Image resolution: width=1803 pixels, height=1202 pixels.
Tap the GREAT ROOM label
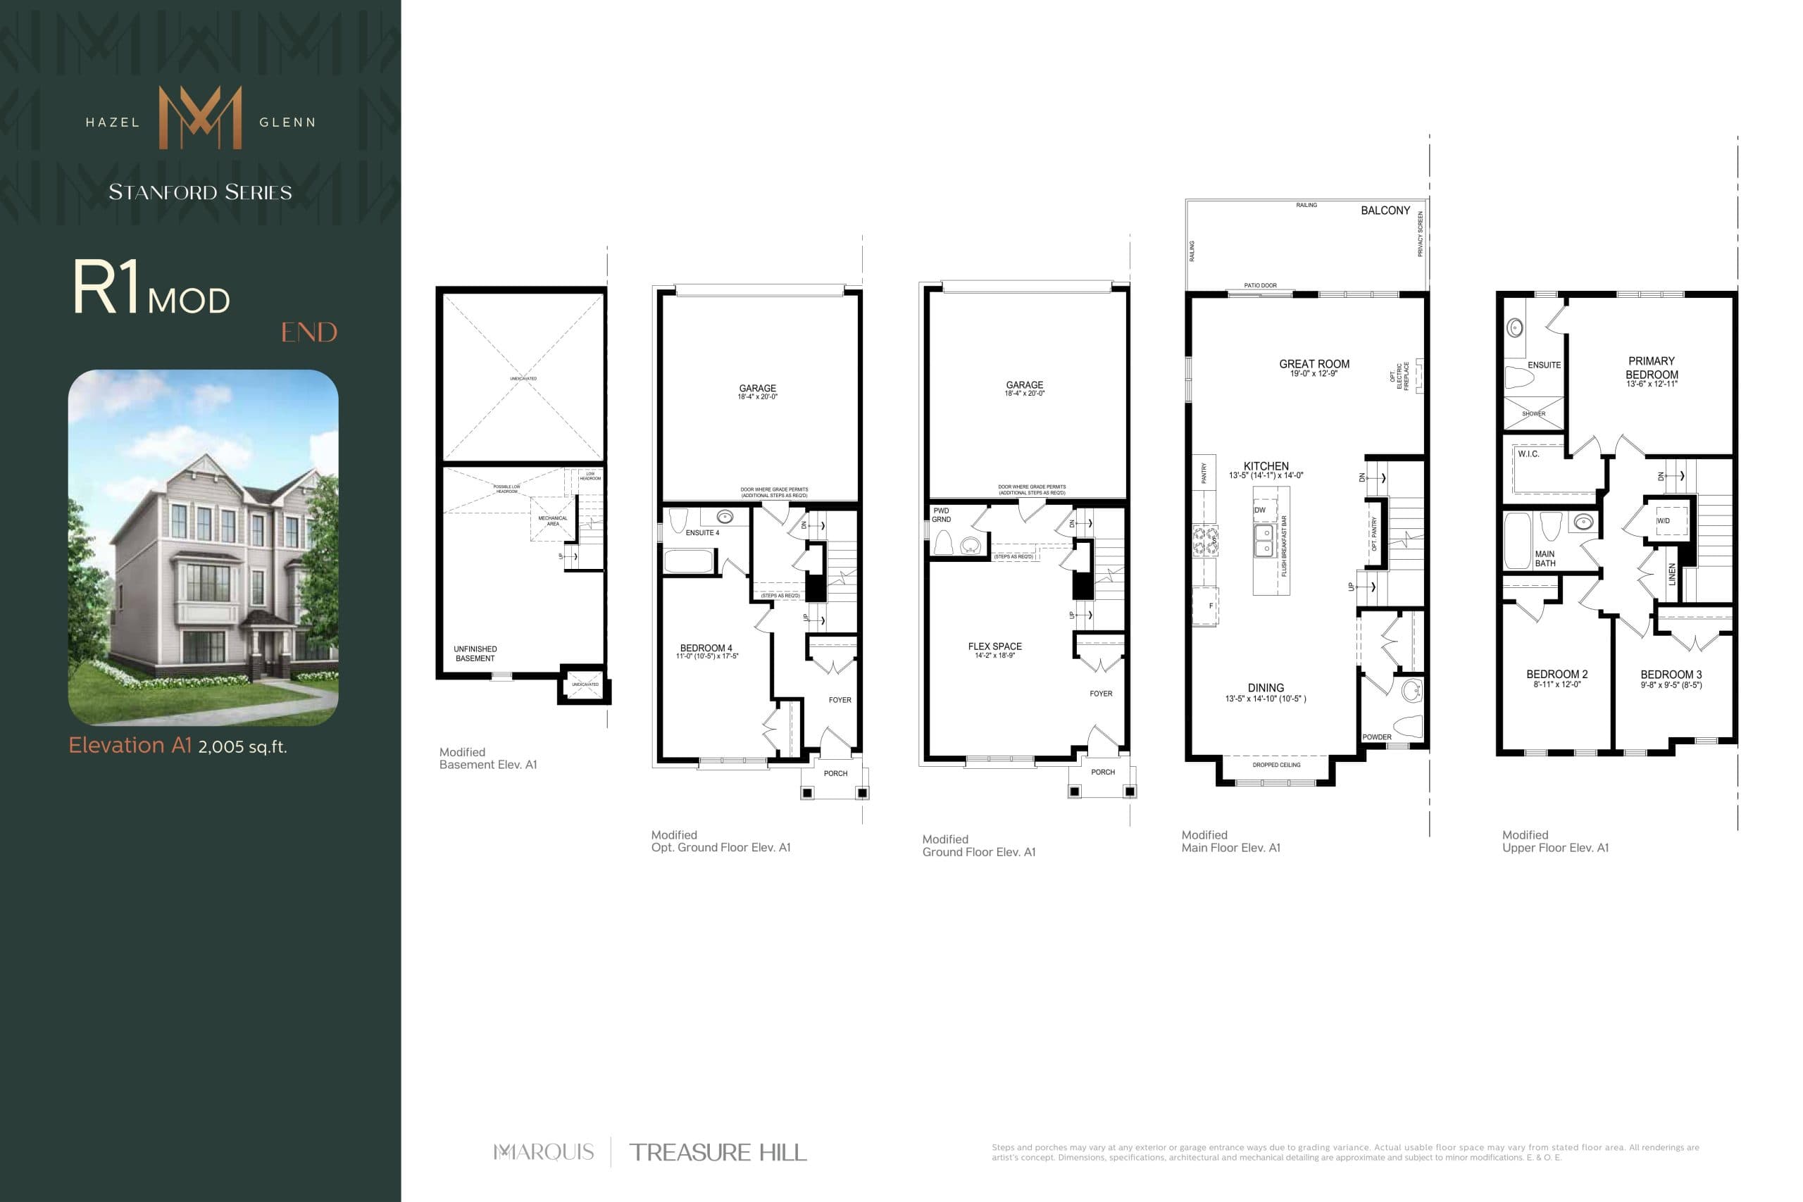1314,364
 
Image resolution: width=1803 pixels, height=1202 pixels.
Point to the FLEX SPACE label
994,646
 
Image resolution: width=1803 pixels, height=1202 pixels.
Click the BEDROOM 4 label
706,648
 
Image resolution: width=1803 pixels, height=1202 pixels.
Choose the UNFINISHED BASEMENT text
475,653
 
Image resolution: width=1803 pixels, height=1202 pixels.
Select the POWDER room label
1377,737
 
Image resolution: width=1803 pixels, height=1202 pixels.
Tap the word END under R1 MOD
309,332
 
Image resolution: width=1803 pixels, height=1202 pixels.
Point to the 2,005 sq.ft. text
242,746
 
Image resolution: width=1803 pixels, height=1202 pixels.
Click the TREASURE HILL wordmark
718,1152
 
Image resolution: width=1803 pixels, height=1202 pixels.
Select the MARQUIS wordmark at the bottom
544,1151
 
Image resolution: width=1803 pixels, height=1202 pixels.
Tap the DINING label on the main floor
1265,688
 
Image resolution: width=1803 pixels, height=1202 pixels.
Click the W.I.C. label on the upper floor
1528,453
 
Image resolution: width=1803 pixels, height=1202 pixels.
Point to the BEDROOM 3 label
1671,675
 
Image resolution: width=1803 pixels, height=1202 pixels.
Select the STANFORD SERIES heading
200,192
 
